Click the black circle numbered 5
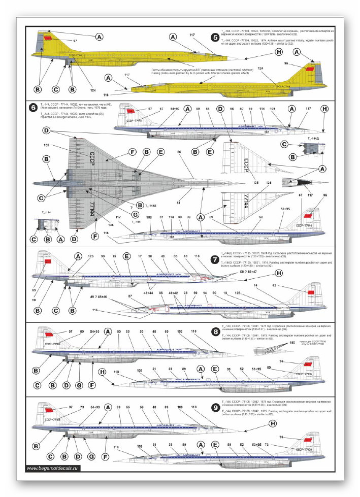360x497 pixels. pyautogui.click(x=216, y=37)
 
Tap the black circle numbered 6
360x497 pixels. pyautogui.click(x=34, y=107)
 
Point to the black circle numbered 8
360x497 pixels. pyautogui.click(x=216, y=333)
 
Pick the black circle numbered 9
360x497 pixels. pyautogui.click(x=216, y=407)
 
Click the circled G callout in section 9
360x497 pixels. pyautogui.click(x=91, y=456)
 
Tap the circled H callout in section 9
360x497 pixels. pyautogui.click(x=286, y=423)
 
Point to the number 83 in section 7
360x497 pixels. pyautogui.click(x=34, y=290)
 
